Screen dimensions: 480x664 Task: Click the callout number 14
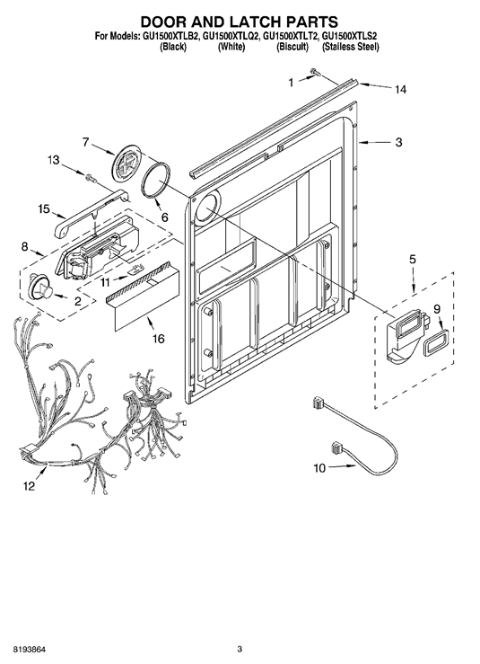pyautogui.click(x=400, y=89)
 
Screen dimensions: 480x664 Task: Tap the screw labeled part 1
pyautogui.click(x=314, y=73)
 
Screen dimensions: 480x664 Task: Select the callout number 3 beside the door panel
pyautogui.click(x=398, y=143)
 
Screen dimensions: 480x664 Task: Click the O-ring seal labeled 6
pyautogui.click(x=155, y=181)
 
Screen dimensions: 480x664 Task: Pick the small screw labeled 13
pyautogui.click(x=90, y=178)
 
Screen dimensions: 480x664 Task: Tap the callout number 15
pyautogui.click(x=44, y=208)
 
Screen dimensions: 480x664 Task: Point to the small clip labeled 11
pyautogui.click(x=135, y=270)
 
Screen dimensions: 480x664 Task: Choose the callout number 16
pyautogui.click(x=159, y=339)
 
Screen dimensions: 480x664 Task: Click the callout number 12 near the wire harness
pyautogui.click(x=29, y=487)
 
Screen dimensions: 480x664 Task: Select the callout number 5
pyautogui.click(x=413, y=259)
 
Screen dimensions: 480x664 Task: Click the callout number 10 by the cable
pyautogui.click(x=319, y=468)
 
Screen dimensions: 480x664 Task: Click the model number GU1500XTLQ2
pyautogui.click(x=231, y=36)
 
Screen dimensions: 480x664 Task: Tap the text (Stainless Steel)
pyautogui.click(x=351, y=47)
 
